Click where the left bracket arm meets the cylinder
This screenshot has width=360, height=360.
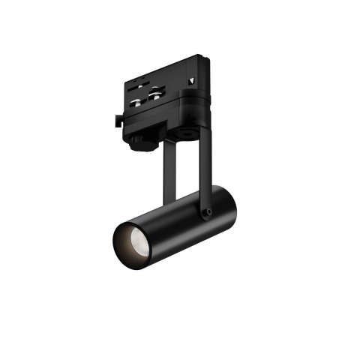point(166,201)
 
